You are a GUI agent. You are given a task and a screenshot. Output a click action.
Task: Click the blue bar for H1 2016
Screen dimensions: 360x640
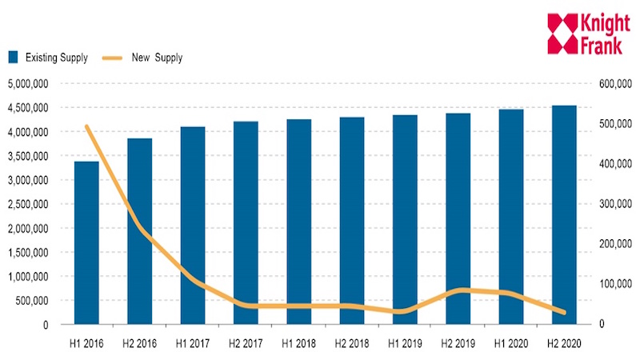click(x=86, y=243)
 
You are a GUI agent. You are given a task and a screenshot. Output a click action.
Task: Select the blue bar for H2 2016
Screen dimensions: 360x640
click(x=139, y=232)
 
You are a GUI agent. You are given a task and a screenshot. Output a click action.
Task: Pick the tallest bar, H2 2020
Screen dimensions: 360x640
click(x=565, y=215)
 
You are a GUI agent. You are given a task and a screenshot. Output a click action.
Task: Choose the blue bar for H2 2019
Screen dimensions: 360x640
click(x=458, y=219)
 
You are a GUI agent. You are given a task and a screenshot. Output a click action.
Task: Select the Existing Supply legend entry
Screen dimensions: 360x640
click(x=48, y=58)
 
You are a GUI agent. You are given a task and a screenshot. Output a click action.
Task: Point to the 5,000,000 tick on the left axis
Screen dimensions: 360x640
click(x=29, y=83)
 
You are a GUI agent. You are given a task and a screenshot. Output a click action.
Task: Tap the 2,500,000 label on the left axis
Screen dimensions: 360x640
click(x=29, y=204)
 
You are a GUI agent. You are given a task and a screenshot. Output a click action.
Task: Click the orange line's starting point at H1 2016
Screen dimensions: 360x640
click(x=86, y=126)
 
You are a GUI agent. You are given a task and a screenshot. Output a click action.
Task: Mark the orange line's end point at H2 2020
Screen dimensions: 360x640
click(x=565, y=313)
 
